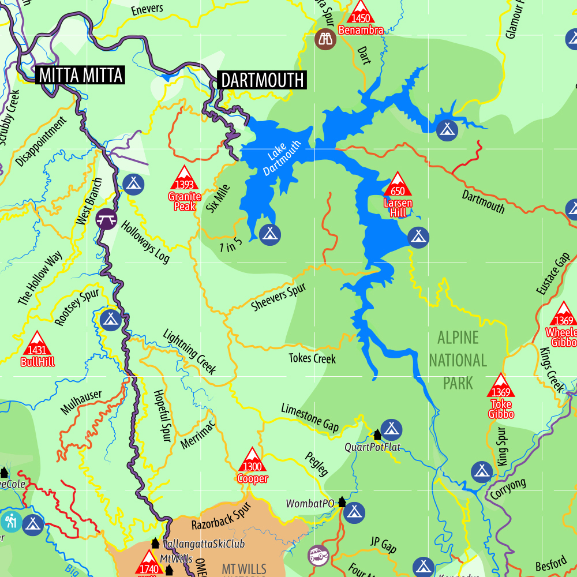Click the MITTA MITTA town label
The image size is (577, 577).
[x=80, y=75]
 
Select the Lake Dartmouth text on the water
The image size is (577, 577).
[x=282, y=158]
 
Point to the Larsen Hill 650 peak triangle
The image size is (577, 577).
[x=398, y=185]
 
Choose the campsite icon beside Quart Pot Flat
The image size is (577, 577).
[x=391, y=429]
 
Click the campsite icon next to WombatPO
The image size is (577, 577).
[x=355, y=511]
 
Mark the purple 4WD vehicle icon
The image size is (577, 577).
[x=318, y=556]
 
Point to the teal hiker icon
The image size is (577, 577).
[x=11, y=522]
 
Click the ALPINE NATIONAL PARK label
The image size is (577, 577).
[x=458, y=360]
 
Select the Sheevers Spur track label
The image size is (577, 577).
[x=279, y=298]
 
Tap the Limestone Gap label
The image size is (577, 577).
[x=309, y=417]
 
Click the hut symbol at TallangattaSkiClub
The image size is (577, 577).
[x=155, y=543]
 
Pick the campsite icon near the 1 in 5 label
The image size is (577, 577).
[x=269, y=234]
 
